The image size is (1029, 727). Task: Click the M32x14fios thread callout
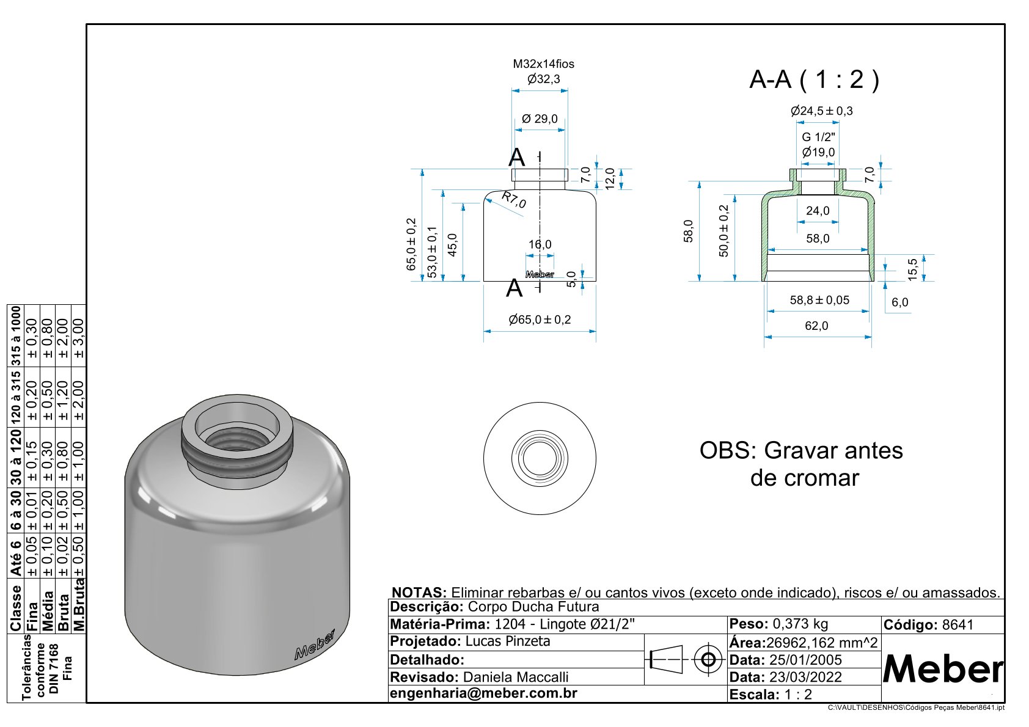(543, 64)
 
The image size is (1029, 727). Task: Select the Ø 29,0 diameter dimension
(540, 119)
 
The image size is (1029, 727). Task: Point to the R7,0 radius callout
(513, 200)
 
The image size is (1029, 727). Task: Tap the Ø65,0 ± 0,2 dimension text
(540, 320)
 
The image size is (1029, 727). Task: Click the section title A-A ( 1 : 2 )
(814, 79)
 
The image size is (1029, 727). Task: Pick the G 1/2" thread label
(818, 137)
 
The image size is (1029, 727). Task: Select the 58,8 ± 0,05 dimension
(819, 301)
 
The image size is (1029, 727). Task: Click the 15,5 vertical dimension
(912, 269)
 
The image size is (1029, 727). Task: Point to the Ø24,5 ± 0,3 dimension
(821, 111)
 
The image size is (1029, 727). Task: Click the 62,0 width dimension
(816, 326)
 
